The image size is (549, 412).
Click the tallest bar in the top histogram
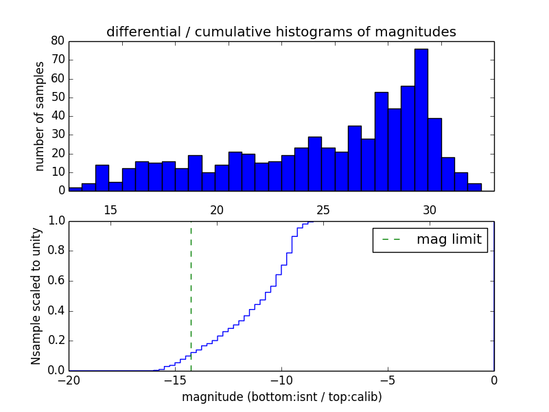(x=421, y=120)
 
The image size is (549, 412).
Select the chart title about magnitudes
(x=281, y=32)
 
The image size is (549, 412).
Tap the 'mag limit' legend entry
(x=430, y=240)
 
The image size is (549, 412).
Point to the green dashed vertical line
(x=191, y=295)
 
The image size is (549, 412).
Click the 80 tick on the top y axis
(x=57, y=41)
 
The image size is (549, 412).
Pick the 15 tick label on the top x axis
(x=110, y=209)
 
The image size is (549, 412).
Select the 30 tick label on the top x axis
(x=430, y=209)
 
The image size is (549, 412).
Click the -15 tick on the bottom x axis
(x=175, y=380)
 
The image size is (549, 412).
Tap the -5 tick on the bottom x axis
(x=388, y=380)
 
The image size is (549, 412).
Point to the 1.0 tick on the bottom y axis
(x=56, y=221)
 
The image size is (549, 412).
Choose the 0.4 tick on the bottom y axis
(x=56, y=311)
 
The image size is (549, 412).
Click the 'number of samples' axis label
(x=40, y=116)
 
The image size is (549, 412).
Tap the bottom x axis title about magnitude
(x=281, y=397)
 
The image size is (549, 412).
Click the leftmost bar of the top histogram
(x=75, y=189)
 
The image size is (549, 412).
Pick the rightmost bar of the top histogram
(x=474, y=187)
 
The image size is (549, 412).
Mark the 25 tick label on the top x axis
(x=323, y=209)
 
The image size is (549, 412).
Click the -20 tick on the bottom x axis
(x=69, y=380)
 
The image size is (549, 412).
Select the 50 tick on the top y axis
(x=57, y=98)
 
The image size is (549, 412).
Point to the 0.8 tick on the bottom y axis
(x=56, y=251)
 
